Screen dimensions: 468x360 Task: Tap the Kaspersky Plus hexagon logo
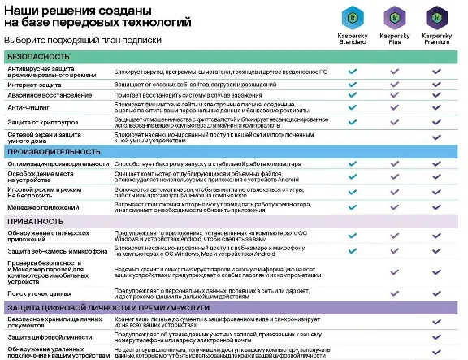(394, 15)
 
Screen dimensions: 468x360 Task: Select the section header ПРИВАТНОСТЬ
(40, 221)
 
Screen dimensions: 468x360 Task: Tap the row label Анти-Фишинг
(29, 106)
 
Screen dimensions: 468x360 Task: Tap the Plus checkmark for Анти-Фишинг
(395, 106)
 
